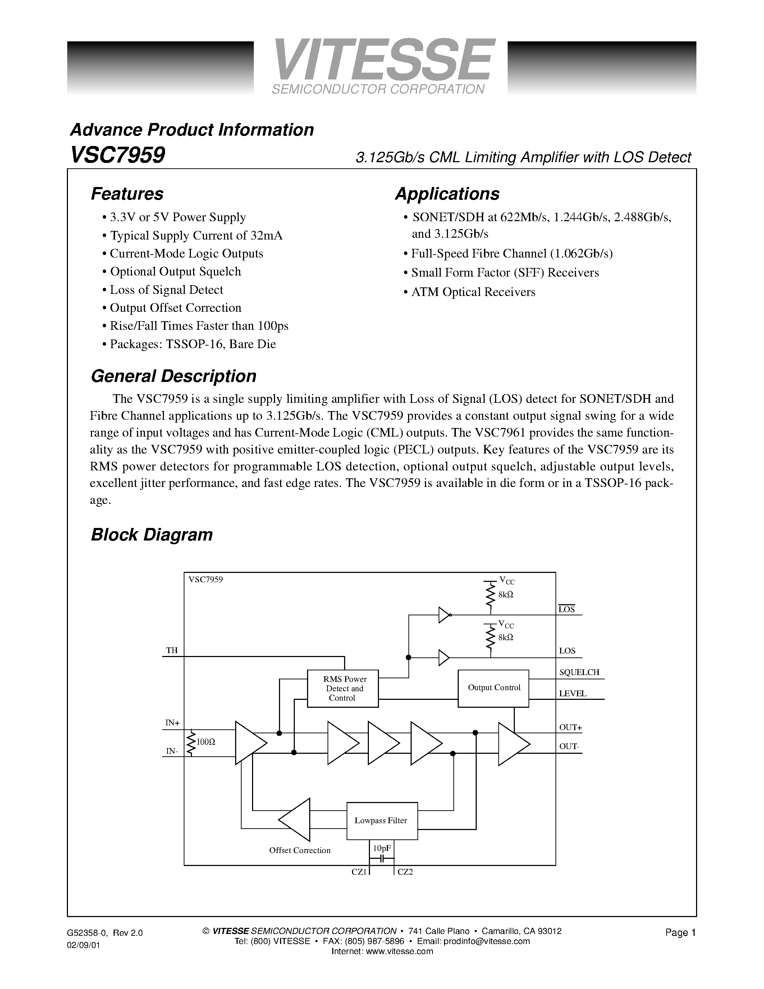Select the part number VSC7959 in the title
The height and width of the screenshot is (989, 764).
(118, 155)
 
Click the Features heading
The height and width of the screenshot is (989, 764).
(127, 194)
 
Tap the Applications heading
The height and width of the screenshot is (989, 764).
(447, 194)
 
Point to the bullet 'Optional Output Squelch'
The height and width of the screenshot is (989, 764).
(175, 272)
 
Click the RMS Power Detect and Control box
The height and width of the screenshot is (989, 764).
(343, 688)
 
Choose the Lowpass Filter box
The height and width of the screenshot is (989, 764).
(381, 821)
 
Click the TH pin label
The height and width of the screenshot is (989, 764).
(171, 651)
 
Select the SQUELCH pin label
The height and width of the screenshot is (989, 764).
(579, 673)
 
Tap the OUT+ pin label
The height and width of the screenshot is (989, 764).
(570, 728)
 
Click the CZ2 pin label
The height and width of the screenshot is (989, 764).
(405, 872)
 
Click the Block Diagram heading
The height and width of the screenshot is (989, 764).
(152, 535)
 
